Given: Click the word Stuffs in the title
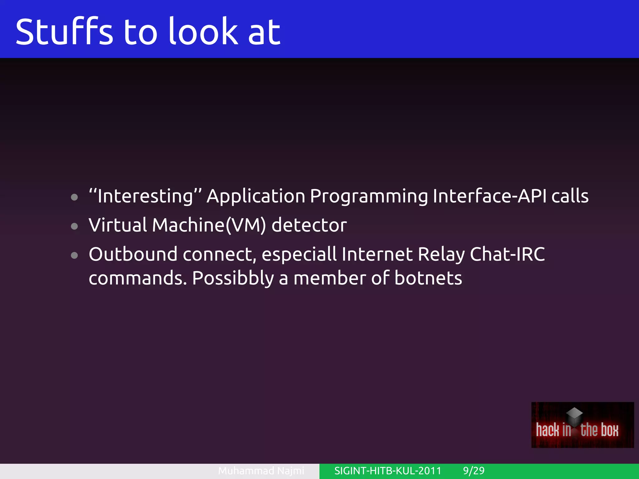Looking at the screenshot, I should (x=64, y=32).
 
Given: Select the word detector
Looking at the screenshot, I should (x=309, y=225).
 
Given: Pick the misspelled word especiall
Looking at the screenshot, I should (x=299, y=254).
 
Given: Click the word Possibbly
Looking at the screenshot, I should (x=233, y=278).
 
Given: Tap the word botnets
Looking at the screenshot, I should (x=428, y=278).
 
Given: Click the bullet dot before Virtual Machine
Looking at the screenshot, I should (x=74, y=226).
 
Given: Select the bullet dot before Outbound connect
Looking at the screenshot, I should (x=74, y=255).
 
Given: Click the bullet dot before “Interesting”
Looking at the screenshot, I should (x=74, y=197).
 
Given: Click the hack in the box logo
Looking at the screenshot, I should (x=582, y=425).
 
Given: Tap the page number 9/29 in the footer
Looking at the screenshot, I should (x=474, y=471).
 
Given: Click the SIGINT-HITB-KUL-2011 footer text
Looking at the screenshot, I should (x=388, y=471).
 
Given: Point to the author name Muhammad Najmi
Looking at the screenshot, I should (x=261, y=471).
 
